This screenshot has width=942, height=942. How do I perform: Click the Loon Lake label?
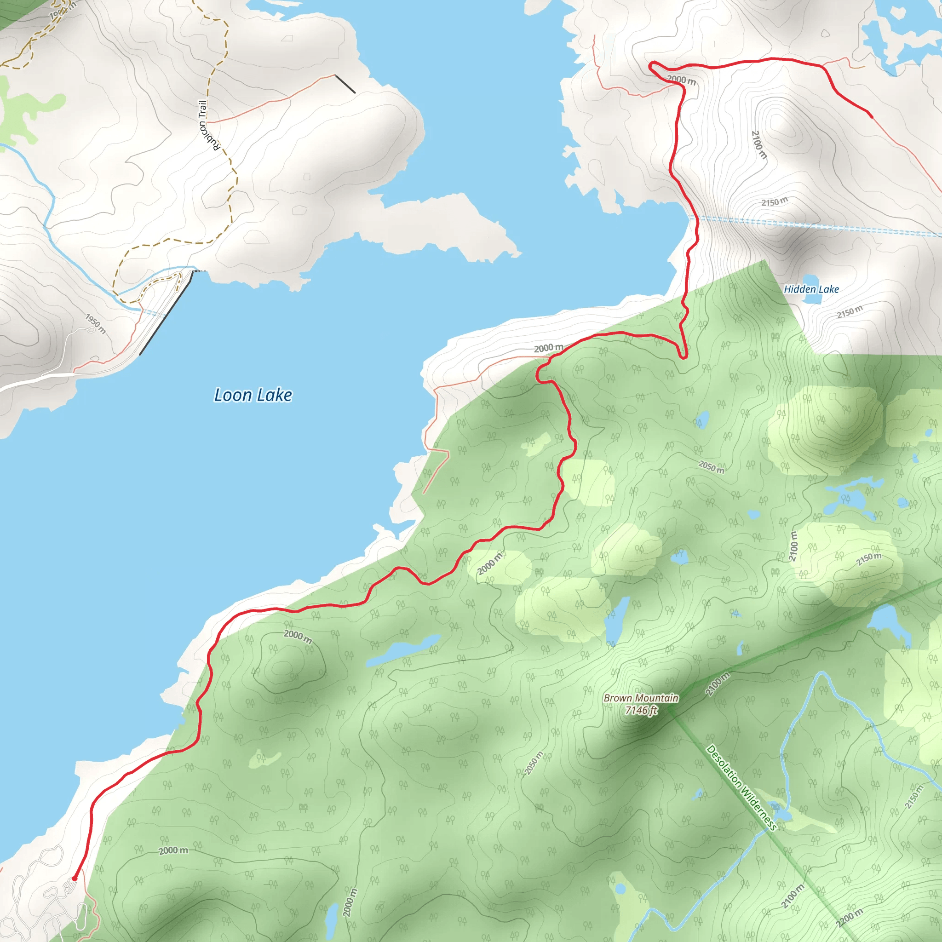(253, 395)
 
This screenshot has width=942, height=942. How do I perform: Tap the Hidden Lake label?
(811, 289)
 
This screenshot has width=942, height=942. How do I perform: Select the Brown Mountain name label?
(641, 698)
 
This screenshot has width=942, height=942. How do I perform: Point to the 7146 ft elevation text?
(641, 710)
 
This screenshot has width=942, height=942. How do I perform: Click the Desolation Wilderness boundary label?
(741, 787)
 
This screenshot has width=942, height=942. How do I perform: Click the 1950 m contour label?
(96, 324)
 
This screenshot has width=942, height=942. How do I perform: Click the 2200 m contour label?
(850, 918)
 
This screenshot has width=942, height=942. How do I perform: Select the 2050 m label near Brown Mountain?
(534, 763)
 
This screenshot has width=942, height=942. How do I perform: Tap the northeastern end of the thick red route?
(871, 116)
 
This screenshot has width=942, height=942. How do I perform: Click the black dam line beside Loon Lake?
(166, 313)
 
